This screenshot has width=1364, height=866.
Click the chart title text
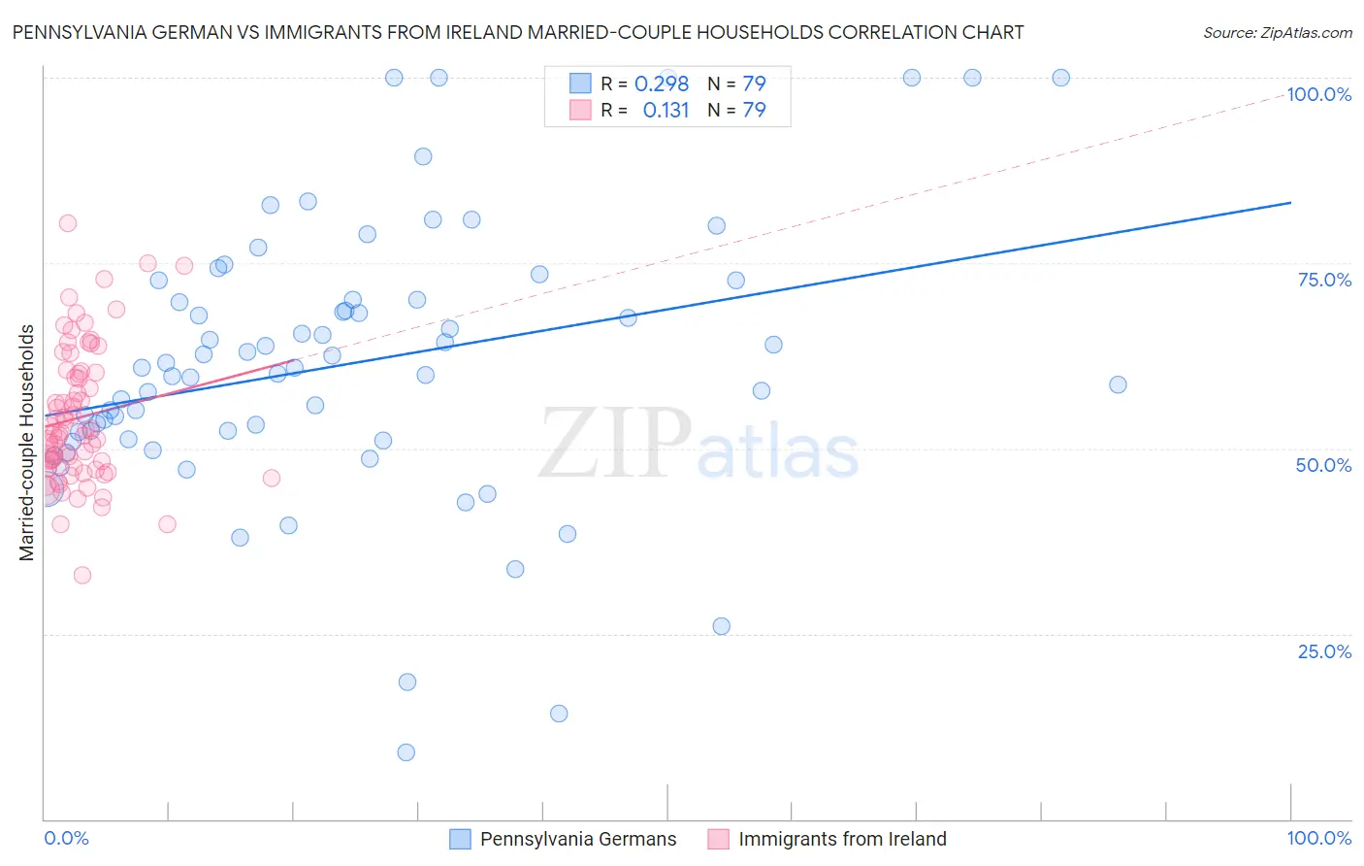point(518,32)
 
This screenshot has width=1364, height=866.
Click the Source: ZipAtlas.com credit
point(1277,32)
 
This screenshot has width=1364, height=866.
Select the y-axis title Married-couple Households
point(27,443)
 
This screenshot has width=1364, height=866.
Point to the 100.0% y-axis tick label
point(1318,94)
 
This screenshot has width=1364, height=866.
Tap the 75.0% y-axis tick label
point(1324,280)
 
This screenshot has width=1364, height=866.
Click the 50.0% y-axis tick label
point(1323,465)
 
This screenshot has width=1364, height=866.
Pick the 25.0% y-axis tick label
point(1324,651)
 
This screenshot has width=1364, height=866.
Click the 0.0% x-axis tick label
point(66,838)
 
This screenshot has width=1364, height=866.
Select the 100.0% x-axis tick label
point(1318,838)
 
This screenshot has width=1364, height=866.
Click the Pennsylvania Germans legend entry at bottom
point(578,839)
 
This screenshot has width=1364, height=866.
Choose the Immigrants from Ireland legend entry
point(842,839)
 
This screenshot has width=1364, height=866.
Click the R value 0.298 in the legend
point(662,84)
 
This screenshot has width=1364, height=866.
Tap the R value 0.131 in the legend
point(666,111)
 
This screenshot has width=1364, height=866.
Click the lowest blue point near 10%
point(406,752)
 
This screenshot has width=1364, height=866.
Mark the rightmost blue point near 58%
point(1118,384)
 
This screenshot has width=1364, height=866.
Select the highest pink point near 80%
point(68,223)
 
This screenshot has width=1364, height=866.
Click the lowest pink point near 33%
point(82,576)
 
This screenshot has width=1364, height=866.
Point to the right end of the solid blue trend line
point(1290,202)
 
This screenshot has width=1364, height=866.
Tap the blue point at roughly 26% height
point(721,626)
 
